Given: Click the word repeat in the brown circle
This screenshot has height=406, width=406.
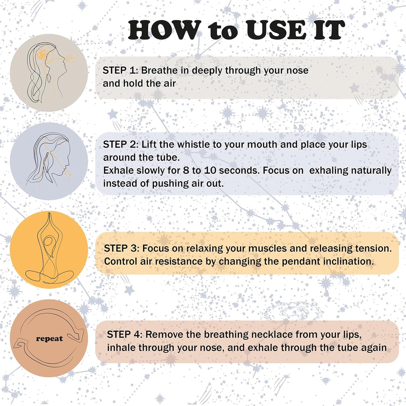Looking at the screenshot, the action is tap(49, 339).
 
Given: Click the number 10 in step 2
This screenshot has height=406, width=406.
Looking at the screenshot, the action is tap(210, 170).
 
